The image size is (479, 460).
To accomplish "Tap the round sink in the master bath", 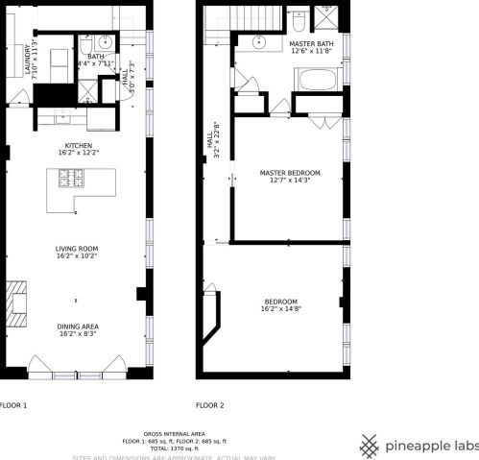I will pos(259,42).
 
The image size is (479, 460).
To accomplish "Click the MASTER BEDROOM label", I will pos(290,173).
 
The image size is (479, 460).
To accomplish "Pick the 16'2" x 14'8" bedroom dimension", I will pos(281,309).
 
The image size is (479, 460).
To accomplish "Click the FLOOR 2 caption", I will pos(210,405).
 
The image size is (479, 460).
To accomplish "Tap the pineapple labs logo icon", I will pos(370,445).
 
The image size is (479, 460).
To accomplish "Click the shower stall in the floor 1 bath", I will pos(87,88).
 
